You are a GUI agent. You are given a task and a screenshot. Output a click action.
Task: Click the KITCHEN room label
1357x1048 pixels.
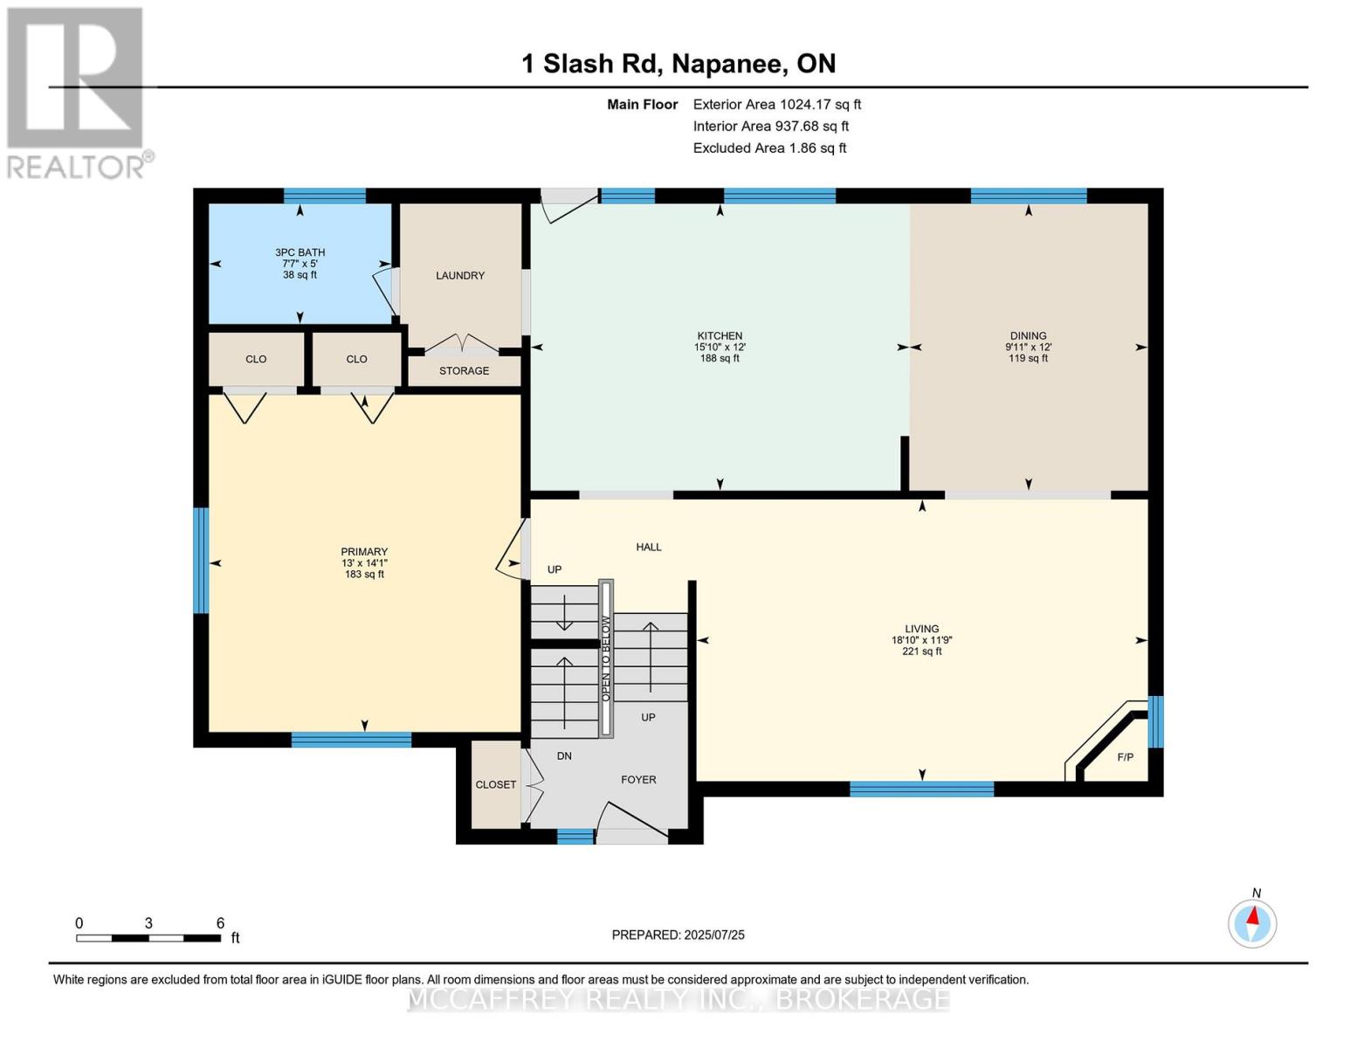pyautogui.click(x=720, y=336)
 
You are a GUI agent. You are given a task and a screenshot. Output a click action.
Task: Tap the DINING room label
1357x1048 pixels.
pyautogui.click(x=1028, y=336)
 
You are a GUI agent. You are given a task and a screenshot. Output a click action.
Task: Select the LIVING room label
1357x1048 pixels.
pyautogui.click(x=921, y=629)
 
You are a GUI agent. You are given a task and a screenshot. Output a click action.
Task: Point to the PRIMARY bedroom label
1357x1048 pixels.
pyautogui.click(x=364, y=552)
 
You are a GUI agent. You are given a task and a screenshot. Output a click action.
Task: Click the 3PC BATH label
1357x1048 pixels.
pyautogui.click(x=300, y=252)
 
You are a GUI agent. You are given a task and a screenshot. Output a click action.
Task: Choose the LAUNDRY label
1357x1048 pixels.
pyautogui.click(x=460, y=276)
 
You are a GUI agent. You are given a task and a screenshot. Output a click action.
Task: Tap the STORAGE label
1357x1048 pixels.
pyautogui.click(x=464, y=371)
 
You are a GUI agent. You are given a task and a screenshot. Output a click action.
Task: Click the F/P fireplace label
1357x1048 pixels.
pyautogui.click(x=1125, y=757)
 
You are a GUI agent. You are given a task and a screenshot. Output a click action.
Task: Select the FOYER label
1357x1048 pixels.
pyautogui.click(x=638, y=780)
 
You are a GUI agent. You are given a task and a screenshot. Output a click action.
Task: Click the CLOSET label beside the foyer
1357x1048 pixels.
pyautogui.click(x=495, y=785)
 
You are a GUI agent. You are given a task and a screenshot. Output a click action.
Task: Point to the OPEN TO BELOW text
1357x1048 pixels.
pyautogui.click(x=605, y=658)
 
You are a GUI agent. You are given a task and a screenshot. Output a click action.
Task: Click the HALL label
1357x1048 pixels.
pyautogui.click(x=648, y=548)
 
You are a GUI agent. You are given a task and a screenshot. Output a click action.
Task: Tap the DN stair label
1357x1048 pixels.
pyautogui.click(x=564, y=756)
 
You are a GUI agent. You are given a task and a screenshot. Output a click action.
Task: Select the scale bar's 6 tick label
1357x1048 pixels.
pyautogui.click(x=220, y=923)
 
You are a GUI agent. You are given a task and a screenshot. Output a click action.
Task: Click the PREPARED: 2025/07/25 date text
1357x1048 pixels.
pyautogui.click(x=678, y=935)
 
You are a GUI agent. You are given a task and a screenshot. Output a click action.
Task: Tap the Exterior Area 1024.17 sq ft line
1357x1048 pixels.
pyautogui.click(x=776, y=105)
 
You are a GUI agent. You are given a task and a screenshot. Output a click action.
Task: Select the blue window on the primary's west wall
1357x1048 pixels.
pyautogui.click(x=201, y=560)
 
